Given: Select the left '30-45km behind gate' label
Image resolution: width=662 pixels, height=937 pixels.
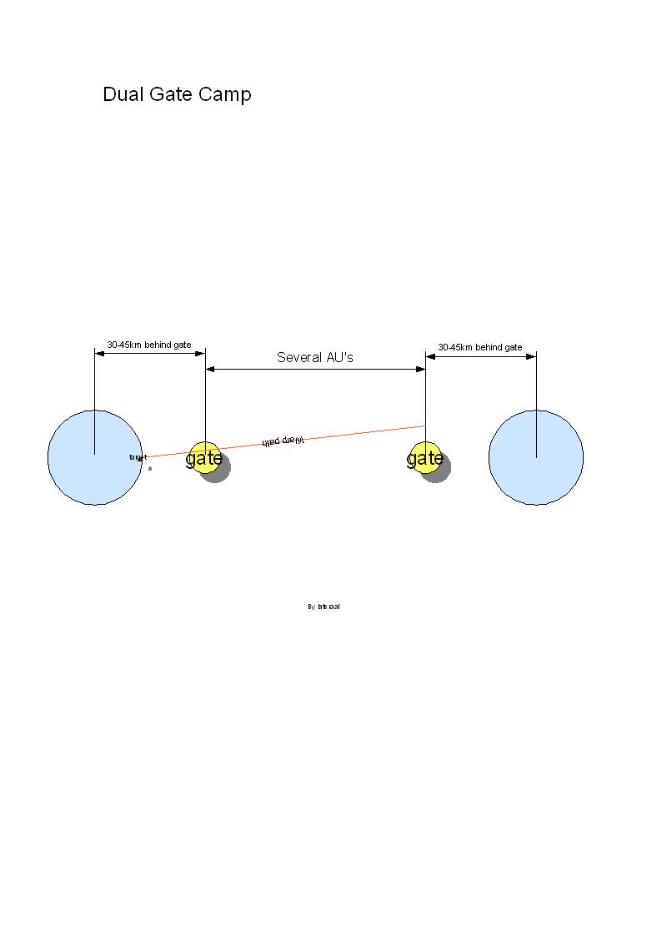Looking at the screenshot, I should click(148, 345).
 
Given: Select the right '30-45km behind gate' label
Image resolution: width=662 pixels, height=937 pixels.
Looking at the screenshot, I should click(480, 347).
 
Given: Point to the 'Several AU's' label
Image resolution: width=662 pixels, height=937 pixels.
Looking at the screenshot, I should click(315, 357).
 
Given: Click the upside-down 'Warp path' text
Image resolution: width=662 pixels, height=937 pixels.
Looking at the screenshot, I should click(283, 441).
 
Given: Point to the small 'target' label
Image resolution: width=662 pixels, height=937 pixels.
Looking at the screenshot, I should click(138, 457).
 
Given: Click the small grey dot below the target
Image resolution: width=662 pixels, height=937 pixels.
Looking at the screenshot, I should click(150, 468).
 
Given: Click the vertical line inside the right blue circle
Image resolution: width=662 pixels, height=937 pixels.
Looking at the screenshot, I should click(536, 434).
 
